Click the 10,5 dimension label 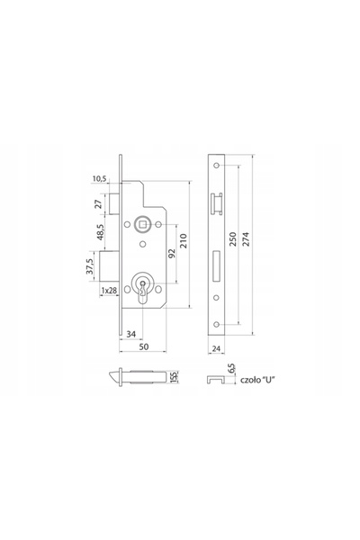100,179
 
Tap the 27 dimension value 99,204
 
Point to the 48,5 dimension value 101,232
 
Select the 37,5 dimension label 90,266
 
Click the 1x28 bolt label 109,291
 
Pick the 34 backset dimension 130,334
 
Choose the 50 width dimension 144,346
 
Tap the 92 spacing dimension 172,253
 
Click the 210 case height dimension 184,240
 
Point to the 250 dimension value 233,239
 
